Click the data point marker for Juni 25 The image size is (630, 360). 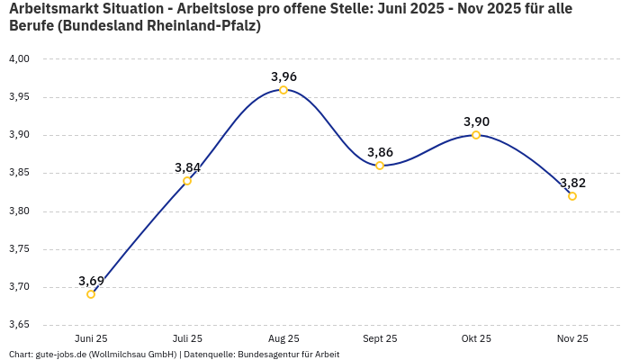(91, 294)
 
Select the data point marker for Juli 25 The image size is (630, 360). (187, 181)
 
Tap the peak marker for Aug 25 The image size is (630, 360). (283, 90)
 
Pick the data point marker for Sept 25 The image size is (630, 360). (380, 166)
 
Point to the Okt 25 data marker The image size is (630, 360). (476, 135)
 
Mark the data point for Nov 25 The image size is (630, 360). (572, 196)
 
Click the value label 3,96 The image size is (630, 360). (283, 76)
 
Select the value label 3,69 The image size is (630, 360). (91, 281)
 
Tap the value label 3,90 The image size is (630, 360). (476, 121)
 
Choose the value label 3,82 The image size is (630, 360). (572, 183)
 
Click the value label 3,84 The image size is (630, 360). (187, 167)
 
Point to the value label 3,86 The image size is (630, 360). (380, 152)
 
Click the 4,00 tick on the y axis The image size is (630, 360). (19, 59)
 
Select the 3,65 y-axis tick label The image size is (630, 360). (19, 325)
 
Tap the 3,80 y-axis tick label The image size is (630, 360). (19, 211)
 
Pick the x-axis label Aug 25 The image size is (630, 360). (283, 339)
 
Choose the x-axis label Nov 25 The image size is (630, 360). (572, 339)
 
